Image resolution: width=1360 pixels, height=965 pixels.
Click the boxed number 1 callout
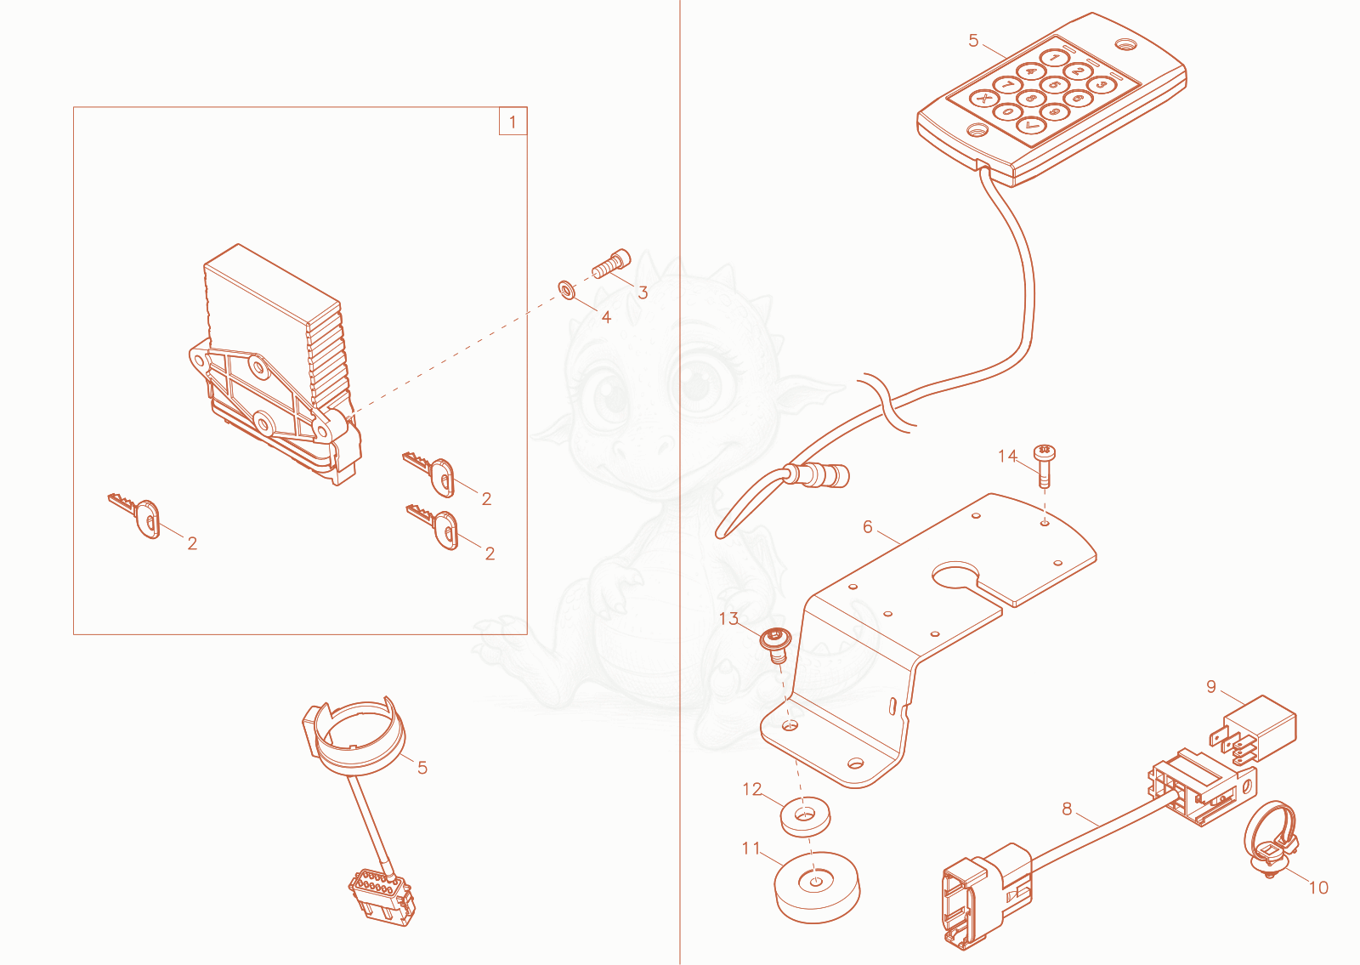[513, 122]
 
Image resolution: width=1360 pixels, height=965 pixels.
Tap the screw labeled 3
[611, 264]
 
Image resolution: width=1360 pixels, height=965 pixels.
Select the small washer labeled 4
[566, 290]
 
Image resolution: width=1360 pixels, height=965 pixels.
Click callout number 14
[1007, 456]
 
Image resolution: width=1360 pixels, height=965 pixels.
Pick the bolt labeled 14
[1045, 466]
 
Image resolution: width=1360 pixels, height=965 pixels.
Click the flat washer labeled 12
[806, 817]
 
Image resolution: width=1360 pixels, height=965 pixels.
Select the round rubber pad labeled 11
[817, 887]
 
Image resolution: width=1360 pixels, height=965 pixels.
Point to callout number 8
[1067, 809]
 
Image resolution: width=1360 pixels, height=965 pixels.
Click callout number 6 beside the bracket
[868, 526]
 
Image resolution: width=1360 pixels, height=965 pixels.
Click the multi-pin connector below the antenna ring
[382, 897]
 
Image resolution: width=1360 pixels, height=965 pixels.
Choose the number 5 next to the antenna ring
[422, 768]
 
